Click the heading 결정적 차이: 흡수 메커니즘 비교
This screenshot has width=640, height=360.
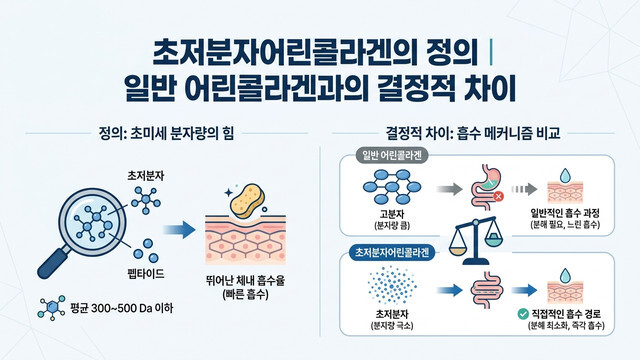tap(478, 132)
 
